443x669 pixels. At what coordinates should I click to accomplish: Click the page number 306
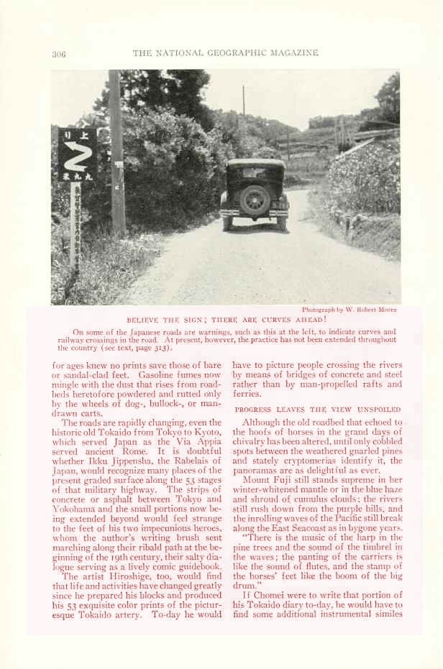[x=59, y=54]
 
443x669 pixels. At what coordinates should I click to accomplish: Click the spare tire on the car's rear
[x=255, y=200]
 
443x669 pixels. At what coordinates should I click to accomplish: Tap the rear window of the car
[x=255, y=172]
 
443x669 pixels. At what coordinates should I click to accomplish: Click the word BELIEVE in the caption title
[x=144, y=319]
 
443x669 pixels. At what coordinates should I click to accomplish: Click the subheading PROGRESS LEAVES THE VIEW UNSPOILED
[x=318, y=409]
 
